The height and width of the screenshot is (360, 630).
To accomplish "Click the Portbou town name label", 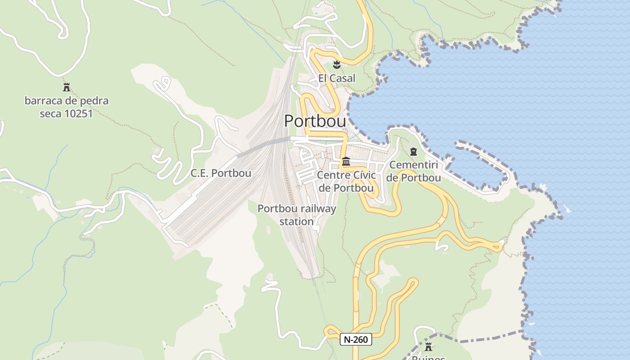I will [315, 121].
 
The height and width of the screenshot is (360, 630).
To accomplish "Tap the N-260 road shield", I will [355, 340].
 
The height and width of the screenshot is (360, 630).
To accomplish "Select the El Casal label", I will [337, 78].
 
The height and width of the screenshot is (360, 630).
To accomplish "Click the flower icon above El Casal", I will [337, 65].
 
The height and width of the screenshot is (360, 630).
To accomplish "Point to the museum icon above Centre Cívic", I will [346, 161].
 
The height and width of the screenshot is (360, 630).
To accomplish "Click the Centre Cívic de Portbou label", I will [346, 181].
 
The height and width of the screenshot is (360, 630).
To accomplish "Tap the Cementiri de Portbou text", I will [414, 171].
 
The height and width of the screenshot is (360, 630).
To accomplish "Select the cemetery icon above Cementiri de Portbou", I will [414, 152].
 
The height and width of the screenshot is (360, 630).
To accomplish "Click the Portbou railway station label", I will [297, 215].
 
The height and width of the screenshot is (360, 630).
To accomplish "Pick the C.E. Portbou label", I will [221, 173].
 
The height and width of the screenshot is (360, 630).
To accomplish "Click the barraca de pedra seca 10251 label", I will [67, 107].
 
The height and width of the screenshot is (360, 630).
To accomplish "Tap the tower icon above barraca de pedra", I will [67, 87].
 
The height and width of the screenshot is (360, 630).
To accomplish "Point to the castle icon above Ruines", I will [428, 347].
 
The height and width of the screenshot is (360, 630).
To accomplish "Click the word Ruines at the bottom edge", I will [428, 358].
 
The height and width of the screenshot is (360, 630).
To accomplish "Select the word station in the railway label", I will [297, 222].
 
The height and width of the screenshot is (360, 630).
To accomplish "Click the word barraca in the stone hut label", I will [42, 101].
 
